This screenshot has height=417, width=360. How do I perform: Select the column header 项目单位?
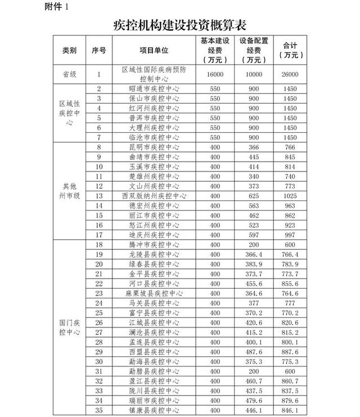click(154, 50)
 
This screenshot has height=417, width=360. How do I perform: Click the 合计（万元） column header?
click(290, 50)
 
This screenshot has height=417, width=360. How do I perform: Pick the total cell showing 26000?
click(290, 74)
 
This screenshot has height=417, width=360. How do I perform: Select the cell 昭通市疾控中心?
click(154, 89)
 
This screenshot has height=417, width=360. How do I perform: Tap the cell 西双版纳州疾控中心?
click(154, 196)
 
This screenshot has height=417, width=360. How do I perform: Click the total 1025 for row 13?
click(290, 196)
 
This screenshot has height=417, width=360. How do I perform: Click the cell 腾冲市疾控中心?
click(154, 245)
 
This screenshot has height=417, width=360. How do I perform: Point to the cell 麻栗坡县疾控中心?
click(154, 293)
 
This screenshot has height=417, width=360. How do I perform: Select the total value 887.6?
click(290, 351)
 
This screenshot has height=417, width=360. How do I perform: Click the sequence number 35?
click(99, 410)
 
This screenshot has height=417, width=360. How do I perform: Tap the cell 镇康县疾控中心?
click(154, 410)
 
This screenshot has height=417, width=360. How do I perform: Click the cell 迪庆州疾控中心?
click(154, 235)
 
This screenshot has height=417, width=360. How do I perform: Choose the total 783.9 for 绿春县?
click(290, 264)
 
